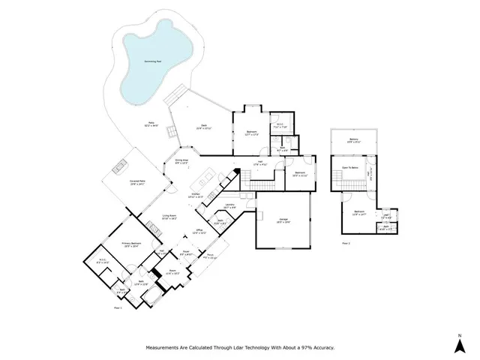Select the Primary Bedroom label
click(x=132, y=244)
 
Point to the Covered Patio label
click(x=136, y=182)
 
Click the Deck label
click(x=202, y=126)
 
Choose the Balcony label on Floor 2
click(x=353, y=139)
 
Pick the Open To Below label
click(x=351, y=167)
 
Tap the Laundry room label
click(x=229, y=205)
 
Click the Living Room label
click(x=170, y=217)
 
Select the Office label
click(x=199, y=231)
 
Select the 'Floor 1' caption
click(x=117, y=307)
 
